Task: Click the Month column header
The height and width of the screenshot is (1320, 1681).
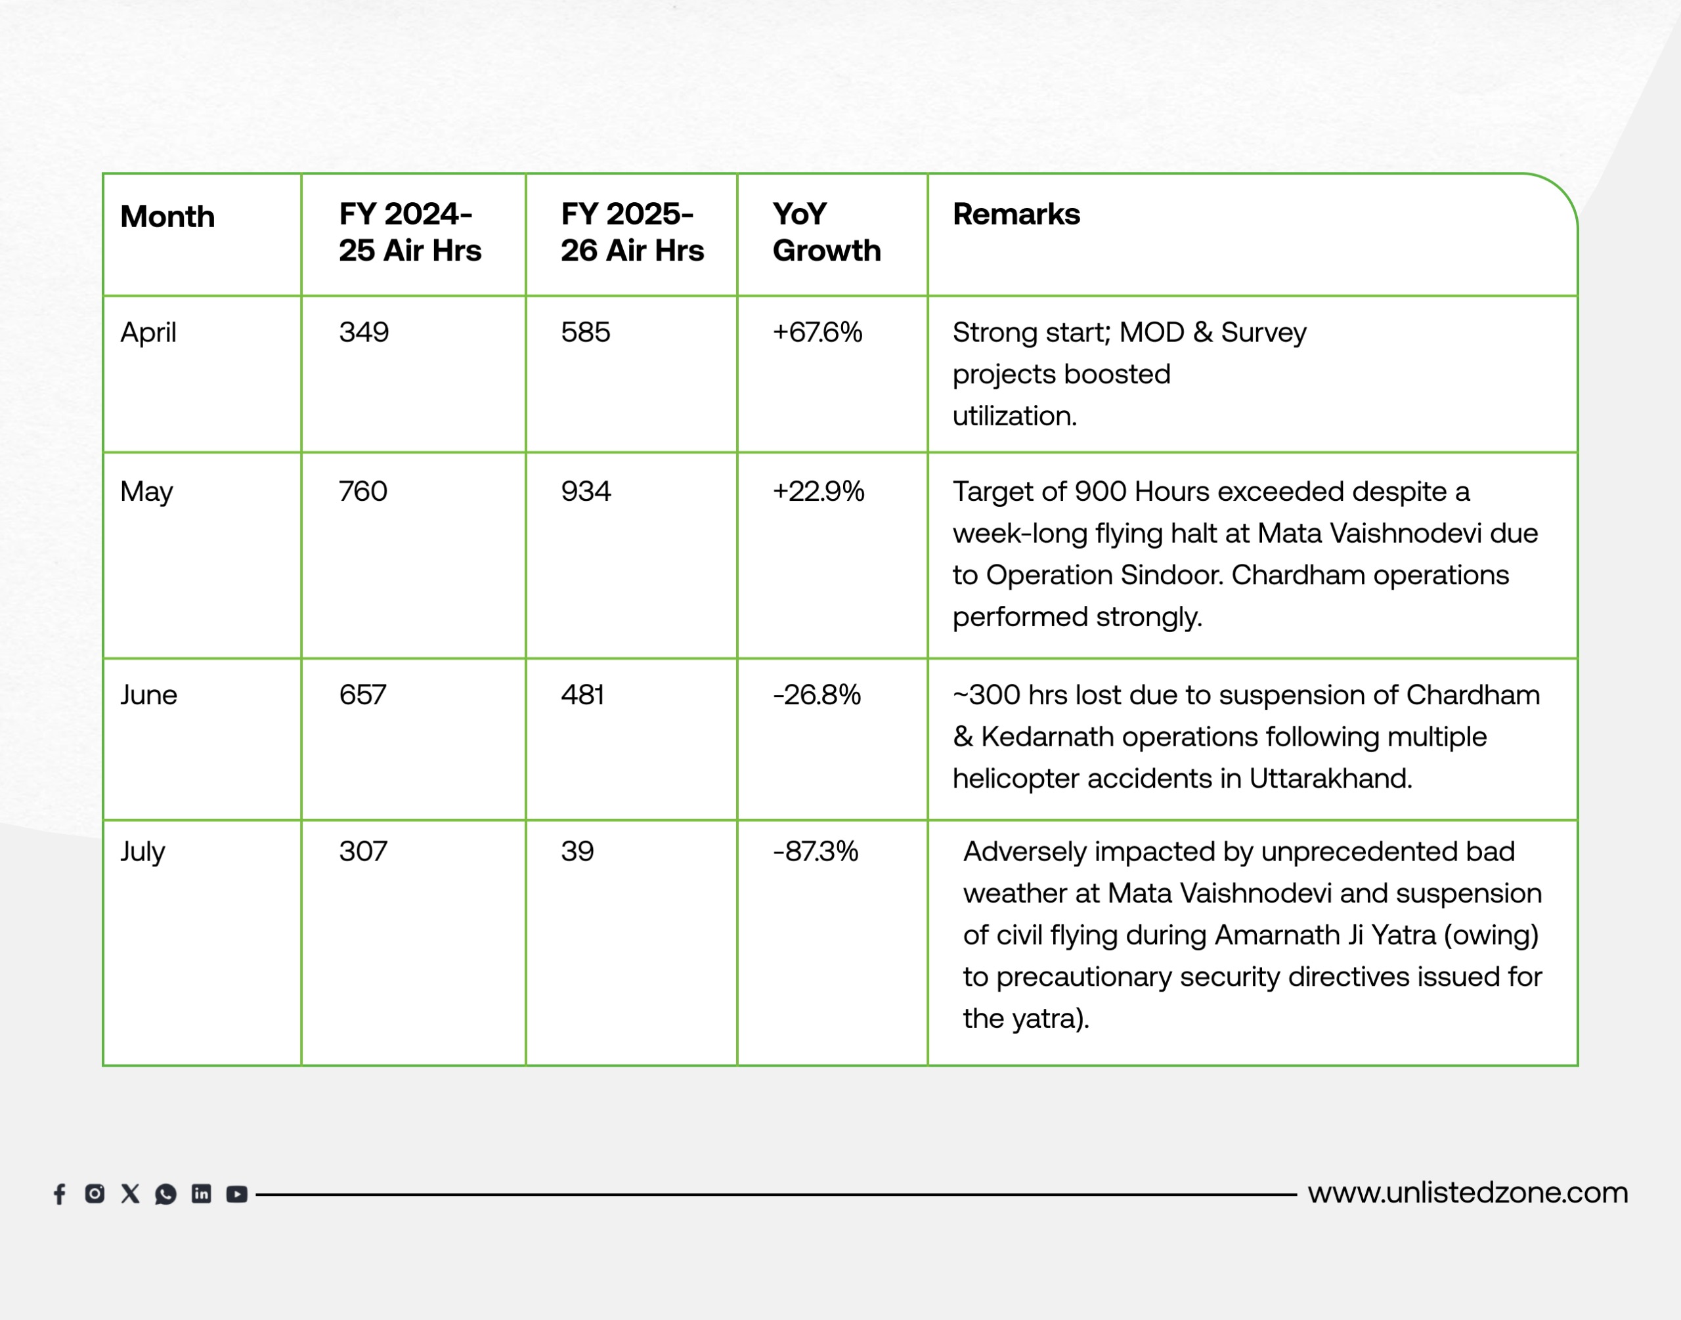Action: click(x=167, y=217)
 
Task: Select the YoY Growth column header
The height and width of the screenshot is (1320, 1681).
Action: click(x=826, y=232)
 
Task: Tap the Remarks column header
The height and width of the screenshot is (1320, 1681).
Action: click(x=1016, y=214)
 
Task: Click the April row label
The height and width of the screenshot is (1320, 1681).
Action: click(x=148, y=332)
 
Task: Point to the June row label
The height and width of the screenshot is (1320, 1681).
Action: click(x=148, y=694)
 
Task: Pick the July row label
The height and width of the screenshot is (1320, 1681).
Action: click(x=142, y=851)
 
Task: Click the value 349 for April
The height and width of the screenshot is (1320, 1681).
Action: click(x=363, y=332)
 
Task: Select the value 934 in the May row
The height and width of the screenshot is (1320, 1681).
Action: click(x=585, y=492)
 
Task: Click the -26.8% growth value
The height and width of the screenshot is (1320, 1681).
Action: click(x=816, y=694)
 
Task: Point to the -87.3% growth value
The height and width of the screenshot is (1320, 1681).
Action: click(x=815, y=851)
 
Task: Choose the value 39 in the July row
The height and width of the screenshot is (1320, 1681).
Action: click(x=577, y=851)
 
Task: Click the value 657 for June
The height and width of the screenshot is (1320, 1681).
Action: click(x=362, y=694)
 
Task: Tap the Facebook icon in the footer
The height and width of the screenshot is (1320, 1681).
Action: click(x=60, y=1194)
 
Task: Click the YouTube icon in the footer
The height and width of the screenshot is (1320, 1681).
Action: click(x=236, y=1194)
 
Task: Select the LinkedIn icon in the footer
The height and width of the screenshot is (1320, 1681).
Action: click(x=201, y=1194)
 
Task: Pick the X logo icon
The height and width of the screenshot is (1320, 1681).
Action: click(x=130, y=1194)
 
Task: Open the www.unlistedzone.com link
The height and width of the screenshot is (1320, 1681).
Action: click(x=1468, y=1193)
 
